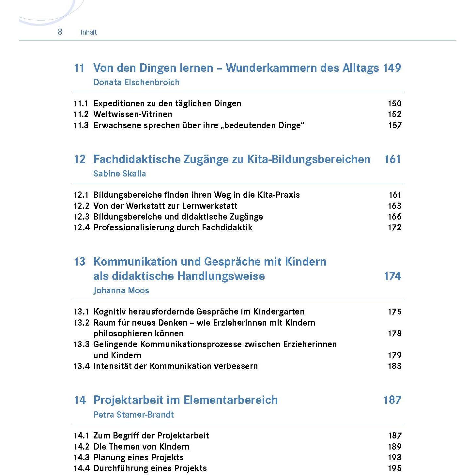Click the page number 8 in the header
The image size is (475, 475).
coord(60,31)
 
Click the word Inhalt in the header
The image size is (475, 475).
coord(89,32)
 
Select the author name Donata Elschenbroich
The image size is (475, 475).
coord(136,82)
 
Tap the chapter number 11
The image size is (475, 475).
coord(79,68)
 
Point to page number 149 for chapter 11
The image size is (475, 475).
coord(392,68)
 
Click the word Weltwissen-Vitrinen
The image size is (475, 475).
coord(132,114)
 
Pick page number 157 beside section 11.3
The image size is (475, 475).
coord(394,125)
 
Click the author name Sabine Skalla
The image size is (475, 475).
coord(119,174)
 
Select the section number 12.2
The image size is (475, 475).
coord(81,206)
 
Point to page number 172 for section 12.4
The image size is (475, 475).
coord(394,227)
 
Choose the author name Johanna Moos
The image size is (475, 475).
coord(121,290)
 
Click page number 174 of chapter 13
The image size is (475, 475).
coord(392,276)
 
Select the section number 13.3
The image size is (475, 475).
coord(81,344)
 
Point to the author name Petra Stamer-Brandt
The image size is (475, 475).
coord(133,415)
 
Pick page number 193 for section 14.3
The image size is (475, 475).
coord(394,457)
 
